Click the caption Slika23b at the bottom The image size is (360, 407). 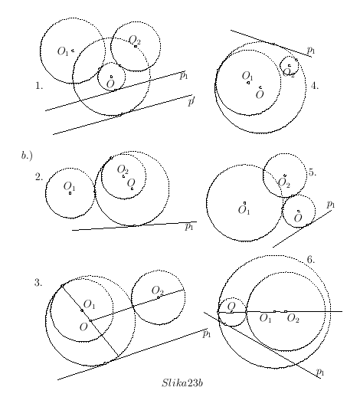[182, 383]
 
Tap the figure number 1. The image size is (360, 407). [39, 86]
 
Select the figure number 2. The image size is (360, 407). [39, 177]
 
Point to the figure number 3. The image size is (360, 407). [38, 283]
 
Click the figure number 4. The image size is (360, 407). [315, 86]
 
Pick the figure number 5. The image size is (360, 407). [313, 172]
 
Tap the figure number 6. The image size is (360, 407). [311, 260]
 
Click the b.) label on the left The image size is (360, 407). [27, 156]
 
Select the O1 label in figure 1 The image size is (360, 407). [63, 51]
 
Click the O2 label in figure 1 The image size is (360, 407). [135, 40]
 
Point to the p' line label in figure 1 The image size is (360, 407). [191, 101]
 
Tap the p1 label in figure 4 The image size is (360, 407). [311, 50]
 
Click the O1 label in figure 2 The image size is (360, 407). [69, 186]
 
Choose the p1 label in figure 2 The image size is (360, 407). [189, 227]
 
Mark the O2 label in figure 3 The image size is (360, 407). [158, 290]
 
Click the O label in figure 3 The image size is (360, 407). [83, 327]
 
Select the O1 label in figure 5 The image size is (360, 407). [244, 210]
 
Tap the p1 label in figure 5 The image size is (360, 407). [331, 205]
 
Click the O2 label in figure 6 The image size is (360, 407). [293, 318]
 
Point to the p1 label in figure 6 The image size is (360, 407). [320, 373]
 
